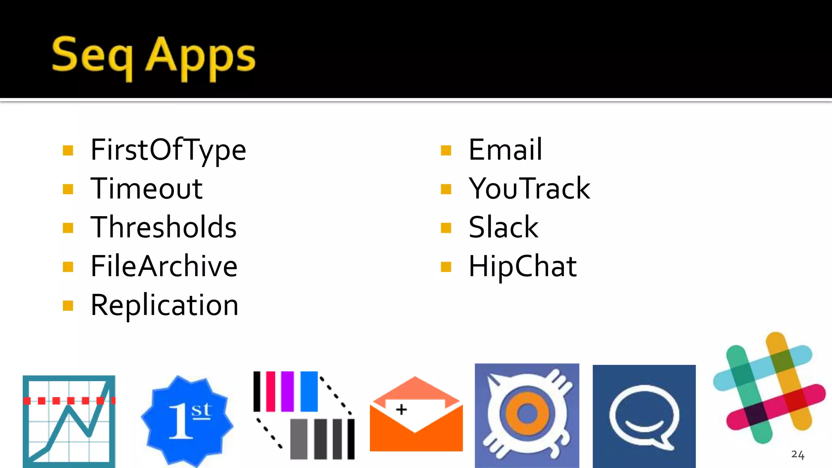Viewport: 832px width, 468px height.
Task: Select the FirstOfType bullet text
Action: [x=168, y=150]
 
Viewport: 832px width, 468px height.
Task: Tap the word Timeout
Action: [x=146, y=188]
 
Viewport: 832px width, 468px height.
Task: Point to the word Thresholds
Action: [x=163, y=227]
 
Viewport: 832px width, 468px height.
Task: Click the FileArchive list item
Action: [x=164, y=266]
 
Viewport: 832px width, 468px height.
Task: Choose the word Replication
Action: [x=164, y=305]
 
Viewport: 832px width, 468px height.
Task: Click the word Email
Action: [x=505, y=149]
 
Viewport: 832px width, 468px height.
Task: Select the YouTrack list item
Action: [x=529, y=188]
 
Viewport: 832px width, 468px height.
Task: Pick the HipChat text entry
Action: [x=522, y=266]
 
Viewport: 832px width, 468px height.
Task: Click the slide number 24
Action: [x=797, y=455]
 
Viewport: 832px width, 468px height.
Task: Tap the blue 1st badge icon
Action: [x=187, y=421]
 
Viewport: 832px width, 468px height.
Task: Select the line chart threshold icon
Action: [x=69, y=421]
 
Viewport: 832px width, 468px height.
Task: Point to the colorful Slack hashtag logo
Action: [x=769, y=388]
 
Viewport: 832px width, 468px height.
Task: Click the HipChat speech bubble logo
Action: [x=644, y=416]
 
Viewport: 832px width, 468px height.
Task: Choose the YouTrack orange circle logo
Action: [x=527, y=415]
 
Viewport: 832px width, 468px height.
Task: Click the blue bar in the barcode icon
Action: [x=309, y=391]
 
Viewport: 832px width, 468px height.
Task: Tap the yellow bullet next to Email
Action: [x=446, y=150]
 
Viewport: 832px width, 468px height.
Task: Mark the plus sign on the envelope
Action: [x=401, y=409]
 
